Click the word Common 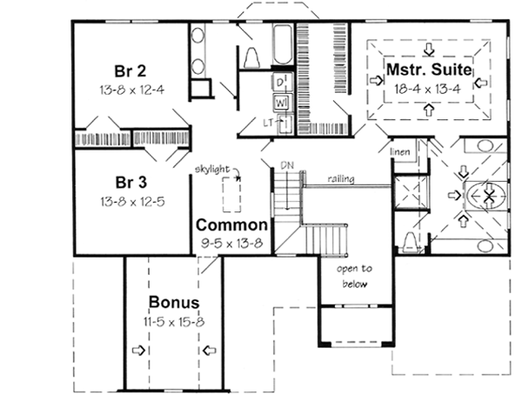coord(231,224)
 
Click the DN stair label coord(286,164)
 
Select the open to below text coord(354,276)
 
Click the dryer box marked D coord(281,82)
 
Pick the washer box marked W coord(281,102)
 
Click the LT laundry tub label coord(269,123)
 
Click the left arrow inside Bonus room coord(137,351)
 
